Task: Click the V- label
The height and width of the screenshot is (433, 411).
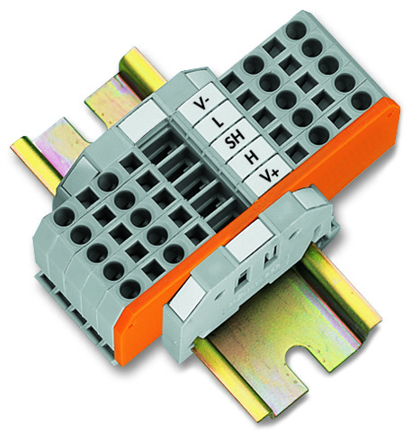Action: [x=200, y=104]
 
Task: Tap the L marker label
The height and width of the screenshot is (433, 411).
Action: [x=218, y=122]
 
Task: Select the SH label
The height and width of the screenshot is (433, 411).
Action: [x=234, y=140]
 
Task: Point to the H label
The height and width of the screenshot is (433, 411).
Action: [x=252, y=157]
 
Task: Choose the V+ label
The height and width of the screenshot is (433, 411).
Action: [x=268, y=174]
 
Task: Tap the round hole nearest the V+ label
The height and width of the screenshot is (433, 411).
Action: [x=318, y=135]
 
